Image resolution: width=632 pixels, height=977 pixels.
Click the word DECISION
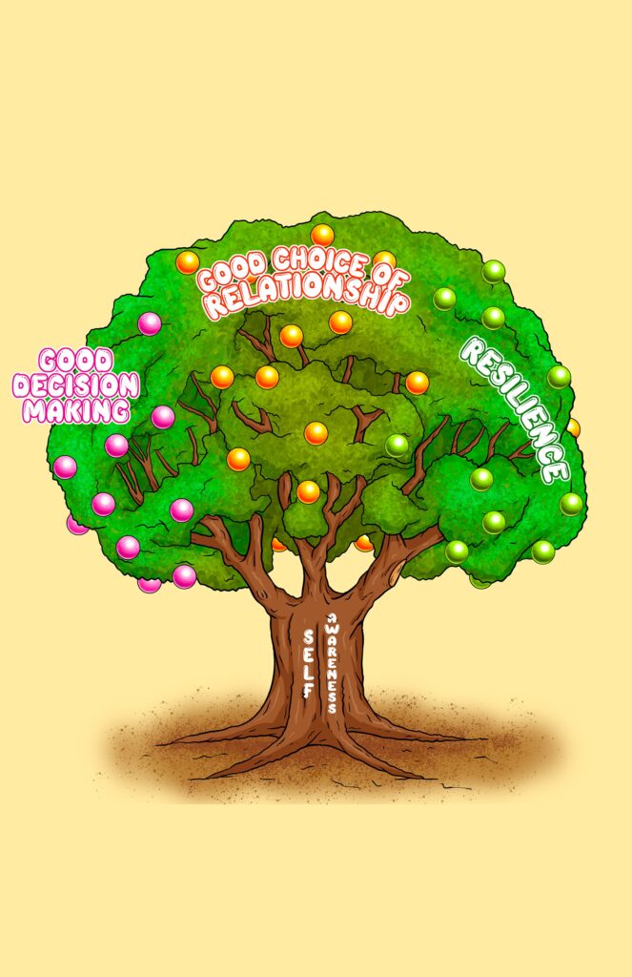(75, 385)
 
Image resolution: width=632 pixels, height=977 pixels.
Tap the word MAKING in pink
(76, 410)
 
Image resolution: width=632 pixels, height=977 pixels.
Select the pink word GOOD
(76, 361)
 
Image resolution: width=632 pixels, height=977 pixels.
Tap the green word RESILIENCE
(515, 408)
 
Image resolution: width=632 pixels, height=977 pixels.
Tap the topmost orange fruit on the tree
(322, 235)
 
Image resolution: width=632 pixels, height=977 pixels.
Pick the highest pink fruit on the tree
(150, 324)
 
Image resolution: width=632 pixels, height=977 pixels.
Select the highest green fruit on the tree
(494, 272)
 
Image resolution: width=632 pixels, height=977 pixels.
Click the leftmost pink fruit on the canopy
(65, 468)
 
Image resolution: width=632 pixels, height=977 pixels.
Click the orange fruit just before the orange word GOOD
(188, 262)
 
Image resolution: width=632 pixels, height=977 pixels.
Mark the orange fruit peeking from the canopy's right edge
(574, 428)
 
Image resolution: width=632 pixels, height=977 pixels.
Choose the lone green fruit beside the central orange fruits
(397, 446)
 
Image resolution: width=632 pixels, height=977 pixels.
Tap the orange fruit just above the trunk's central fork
(308, 491)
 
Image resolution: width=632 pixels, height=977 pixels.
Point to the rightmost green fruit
(571, 504)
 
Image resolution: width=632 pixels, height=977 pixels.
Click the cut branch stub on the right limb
(393, 575)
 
